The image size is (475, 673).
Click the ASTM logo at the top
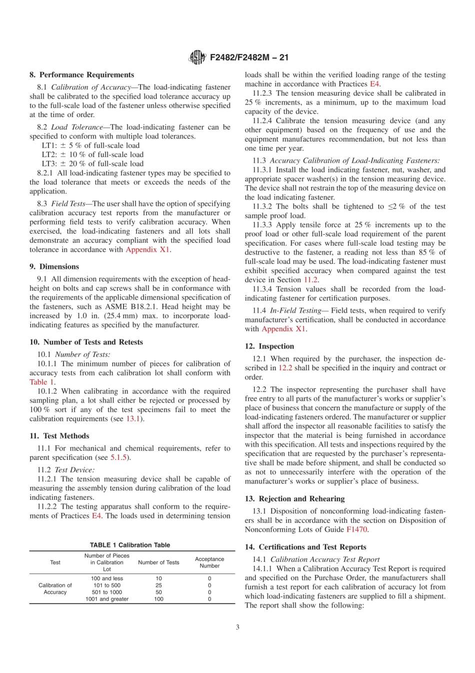coord(197,58)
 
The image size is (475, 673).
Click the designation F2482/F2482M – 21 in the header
coord(249,58)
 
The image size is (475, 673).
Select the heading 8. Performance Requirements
coord(81,75)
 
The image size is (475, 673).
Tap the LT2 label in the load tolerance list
coord(49,155)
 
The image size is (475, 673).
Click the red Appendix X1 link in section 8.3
coord(147,249)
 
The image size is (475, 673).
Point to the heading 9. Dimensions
coord(54,267)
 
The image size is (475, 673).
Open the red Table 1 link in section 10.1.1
coord(41,382)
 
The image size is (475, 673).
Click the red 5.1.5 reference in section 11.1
coord(118,457)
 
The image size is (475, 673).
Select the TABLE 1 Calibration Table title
coord(130,545)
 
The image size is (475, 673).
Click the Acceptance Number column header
coord(209,562)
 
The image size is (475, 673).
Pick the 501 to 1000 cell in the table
coord(107,592)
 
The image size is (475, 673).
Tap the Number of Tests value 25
coord(158,585)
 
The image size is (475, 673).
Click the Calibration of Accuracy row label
coord(55,588)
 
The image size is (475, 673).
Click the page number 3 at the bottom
coord(237,627)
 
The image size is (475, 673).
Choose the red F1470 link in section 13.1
coord(357,529)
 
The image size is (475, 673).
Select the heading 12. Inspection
coord(269,346)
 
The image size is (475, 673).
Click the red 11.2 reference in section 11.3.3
coord(310,280)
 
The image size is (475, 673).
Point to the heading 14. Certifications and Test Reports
coord(305,547)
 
